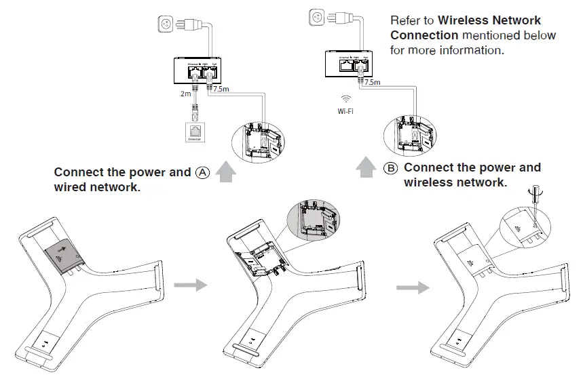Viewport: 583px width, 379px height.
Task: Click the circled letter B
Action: (x=391, y=167)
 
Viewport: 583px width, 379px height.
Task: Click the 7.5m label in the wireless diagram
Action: (x=373, y=82)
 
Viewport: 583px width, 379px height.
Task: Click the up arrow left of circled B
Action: (x=366, y=166)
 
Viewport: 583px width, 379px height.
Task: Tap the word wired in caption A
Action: (x=70, y=186)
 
